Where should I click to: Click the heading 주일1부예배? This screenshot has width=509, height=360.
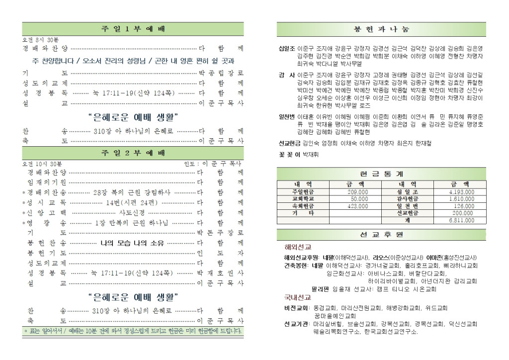coord(133,29)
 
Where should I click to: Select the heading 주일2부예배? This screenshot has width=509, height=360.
coord(133,153)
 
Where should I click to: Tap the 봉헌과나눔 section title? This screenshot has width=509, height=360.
coord(382,29)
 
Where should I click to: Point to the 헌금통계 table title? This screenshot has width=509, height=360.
coord(382,174)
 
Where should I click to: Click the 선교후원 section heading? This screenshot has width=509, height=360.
coord(382,234)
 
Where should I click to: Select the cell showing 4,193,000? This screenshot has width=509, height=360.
coord(461,191)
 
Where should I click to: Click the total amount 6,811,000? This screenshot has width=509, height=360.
coord(461,219)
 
